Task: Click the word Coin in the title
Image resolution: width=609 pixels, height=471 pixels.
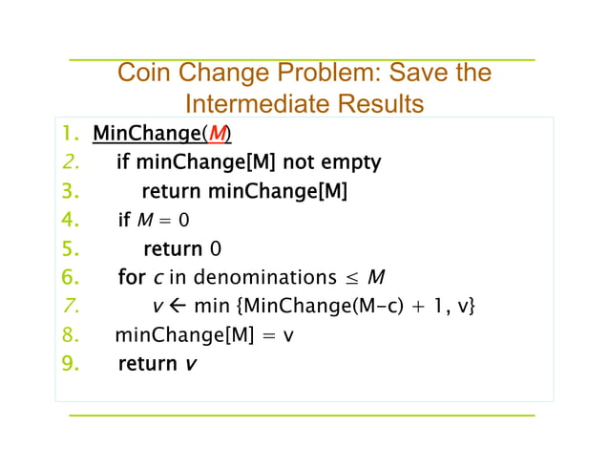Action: (142, 74)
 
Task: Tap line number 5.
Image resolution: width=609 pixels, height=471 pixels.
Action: (68, 249)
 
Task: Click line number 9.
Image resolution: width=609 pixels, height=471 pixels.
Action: (68, 364)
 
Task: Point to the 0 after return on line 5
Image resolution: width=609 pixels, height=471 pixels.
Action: (215, 249)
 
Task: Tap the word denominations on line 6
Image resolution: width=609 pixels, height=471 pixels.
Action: (268, 278)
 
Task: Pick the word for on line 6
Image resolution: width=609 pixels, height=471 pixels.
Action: (131, 278)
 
